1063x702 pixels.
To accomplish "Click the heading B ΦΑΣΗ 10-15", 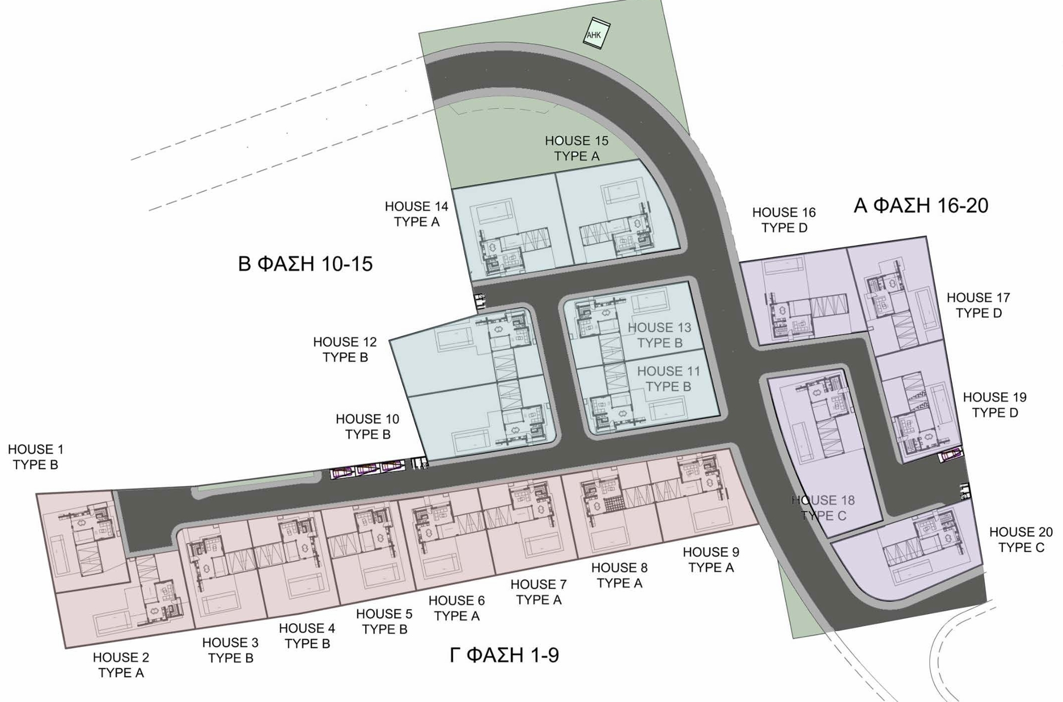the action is point(306,264).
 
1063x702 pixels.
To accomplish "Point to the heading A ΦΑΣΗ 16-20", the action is point(921,205).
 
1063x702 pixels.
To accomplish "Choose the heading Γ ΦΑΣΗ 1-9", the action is point(504,655).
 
